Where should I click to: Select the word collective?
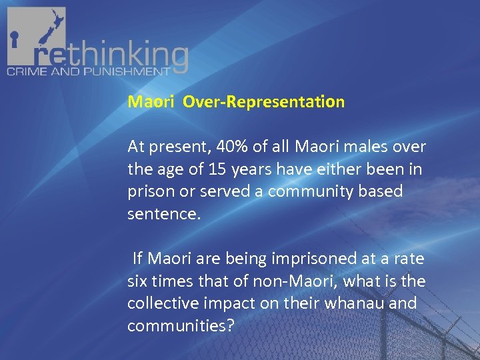[159, 303]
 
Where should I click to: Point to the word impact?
[220, 303]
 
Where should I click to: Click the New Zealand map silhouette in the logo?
[44, 30]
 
